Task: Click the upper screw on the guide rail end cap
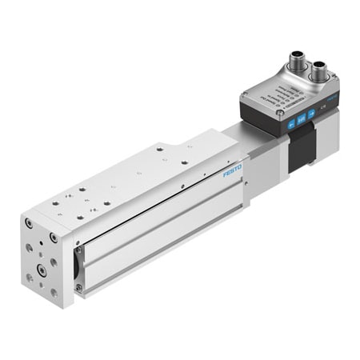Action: click(78, 250)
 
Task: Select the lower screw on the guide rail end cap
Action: click(78, 286)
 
